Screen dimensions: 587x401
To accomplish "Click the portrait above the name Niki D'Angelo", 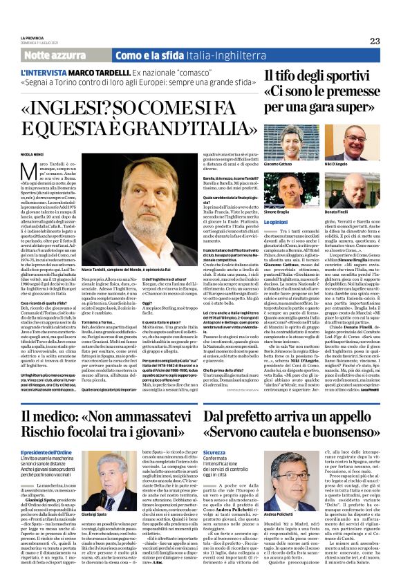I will click(354, 141).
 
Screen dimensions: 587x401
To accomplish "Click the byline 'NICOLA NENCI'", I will click(32, 153).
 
